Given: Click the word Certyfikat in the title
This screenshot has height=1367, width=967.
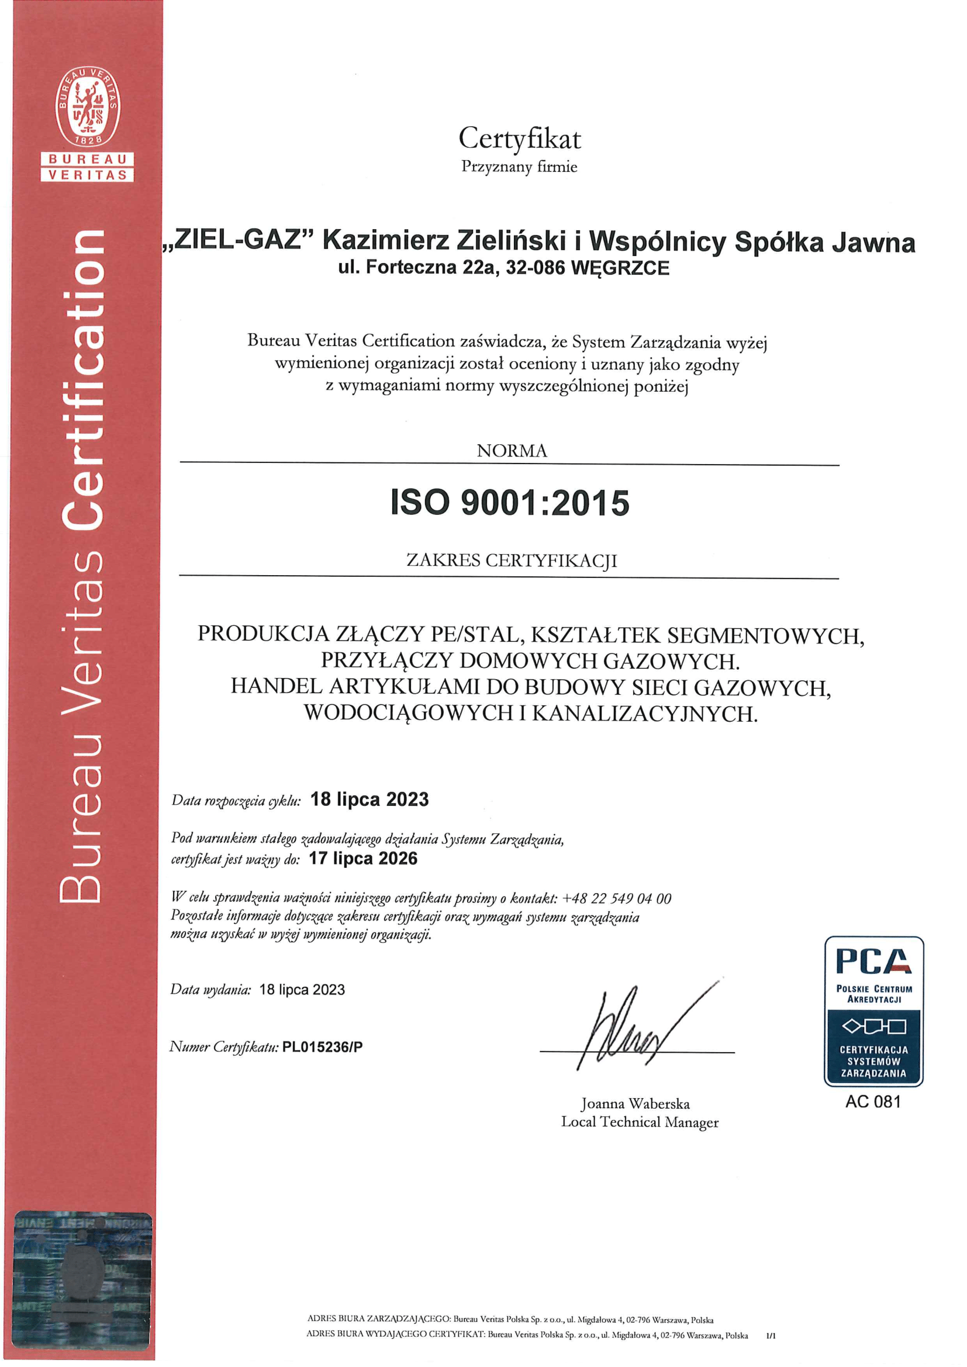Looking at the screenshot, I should (x=519, y=139).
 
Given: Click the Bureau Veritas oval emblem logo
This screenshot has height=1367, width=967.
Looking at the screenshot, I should (x=88, y=106).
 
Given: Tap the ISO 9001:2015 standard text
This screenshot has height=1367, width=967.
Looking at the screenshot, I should (x=510, y=503).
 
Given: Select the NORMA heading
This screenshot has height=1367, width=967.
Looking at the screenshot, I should (x=512, y=451).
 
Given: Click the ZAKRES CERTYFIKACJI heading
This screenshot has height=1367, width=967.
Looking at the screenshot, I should (x=512, y=560).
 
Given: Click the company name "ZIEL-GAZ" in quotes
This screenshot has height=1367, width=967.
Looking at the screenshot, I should (x=238, y=240).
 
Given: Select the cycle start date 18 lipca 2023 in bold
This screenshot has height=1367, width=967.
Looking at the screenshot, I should (x=369, y=799).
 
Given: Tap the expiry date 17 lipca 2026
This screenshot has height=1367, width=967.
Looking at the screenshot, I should (x=362, y=858).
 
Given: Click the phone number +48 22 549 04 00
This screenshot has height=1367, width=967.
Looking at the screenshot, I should (x=616, y=898).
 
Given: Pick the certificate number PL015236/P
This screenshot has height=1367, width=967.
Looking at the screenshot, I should (x=322, y=1047).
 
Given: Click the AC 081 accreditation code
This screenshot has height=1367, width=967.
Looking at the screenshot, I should (x=873, y=1102).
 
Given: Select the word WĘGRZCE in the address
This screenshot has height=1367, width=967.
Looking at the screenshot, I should (x=620, y=268).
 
